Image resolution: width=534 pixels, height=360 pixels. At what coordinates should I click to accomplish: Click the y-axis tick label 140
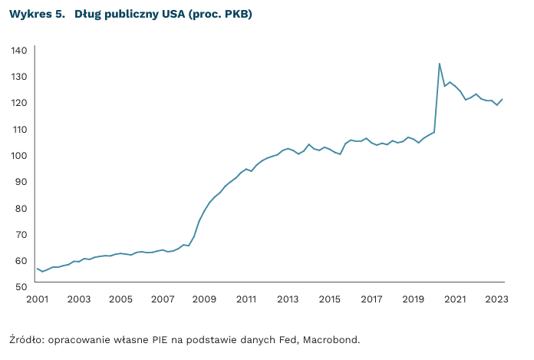(19, 51)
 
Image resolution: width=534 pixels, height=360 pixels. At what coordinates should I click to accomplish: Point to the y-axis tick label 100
(19, 156)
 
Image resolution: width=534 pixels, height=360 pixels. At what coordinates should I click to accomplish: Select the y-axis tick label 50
(21, 286)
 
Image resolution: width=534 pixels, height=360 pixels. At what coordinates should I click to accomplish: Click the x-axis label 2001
(37, 299)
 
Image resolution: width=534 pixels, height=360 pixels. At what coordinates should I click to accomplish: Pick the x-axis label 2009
(204, 299)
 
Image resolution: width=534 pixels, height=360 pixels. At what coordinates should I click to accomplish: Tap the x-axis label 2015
(329, 299)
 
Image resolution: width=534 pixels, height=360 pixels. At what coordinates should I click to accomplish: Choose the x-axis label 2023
(496, 299)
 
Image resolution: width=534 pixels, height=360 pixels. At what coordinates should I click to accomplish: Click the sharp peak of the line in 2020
(439, 64)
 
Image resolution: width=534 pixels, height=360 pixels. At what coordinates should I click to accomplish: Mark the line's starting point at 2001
(37, 269)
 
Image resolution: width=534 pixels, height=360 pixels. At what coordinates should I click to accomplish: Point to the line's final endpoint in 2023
(503, 99)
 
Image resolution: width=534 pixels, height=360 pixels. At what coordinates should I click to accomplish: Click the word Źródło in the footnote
(26, 339)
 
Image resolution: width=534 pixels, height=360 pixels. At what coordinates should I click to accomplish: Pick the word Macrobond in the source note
(332, 339)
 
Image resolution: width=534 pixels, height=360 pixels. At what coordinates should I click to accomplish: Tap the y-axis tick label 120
(19, 103)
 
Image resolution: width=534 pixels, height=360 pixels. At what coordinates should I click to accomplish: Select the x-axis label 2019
(413, 299)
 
